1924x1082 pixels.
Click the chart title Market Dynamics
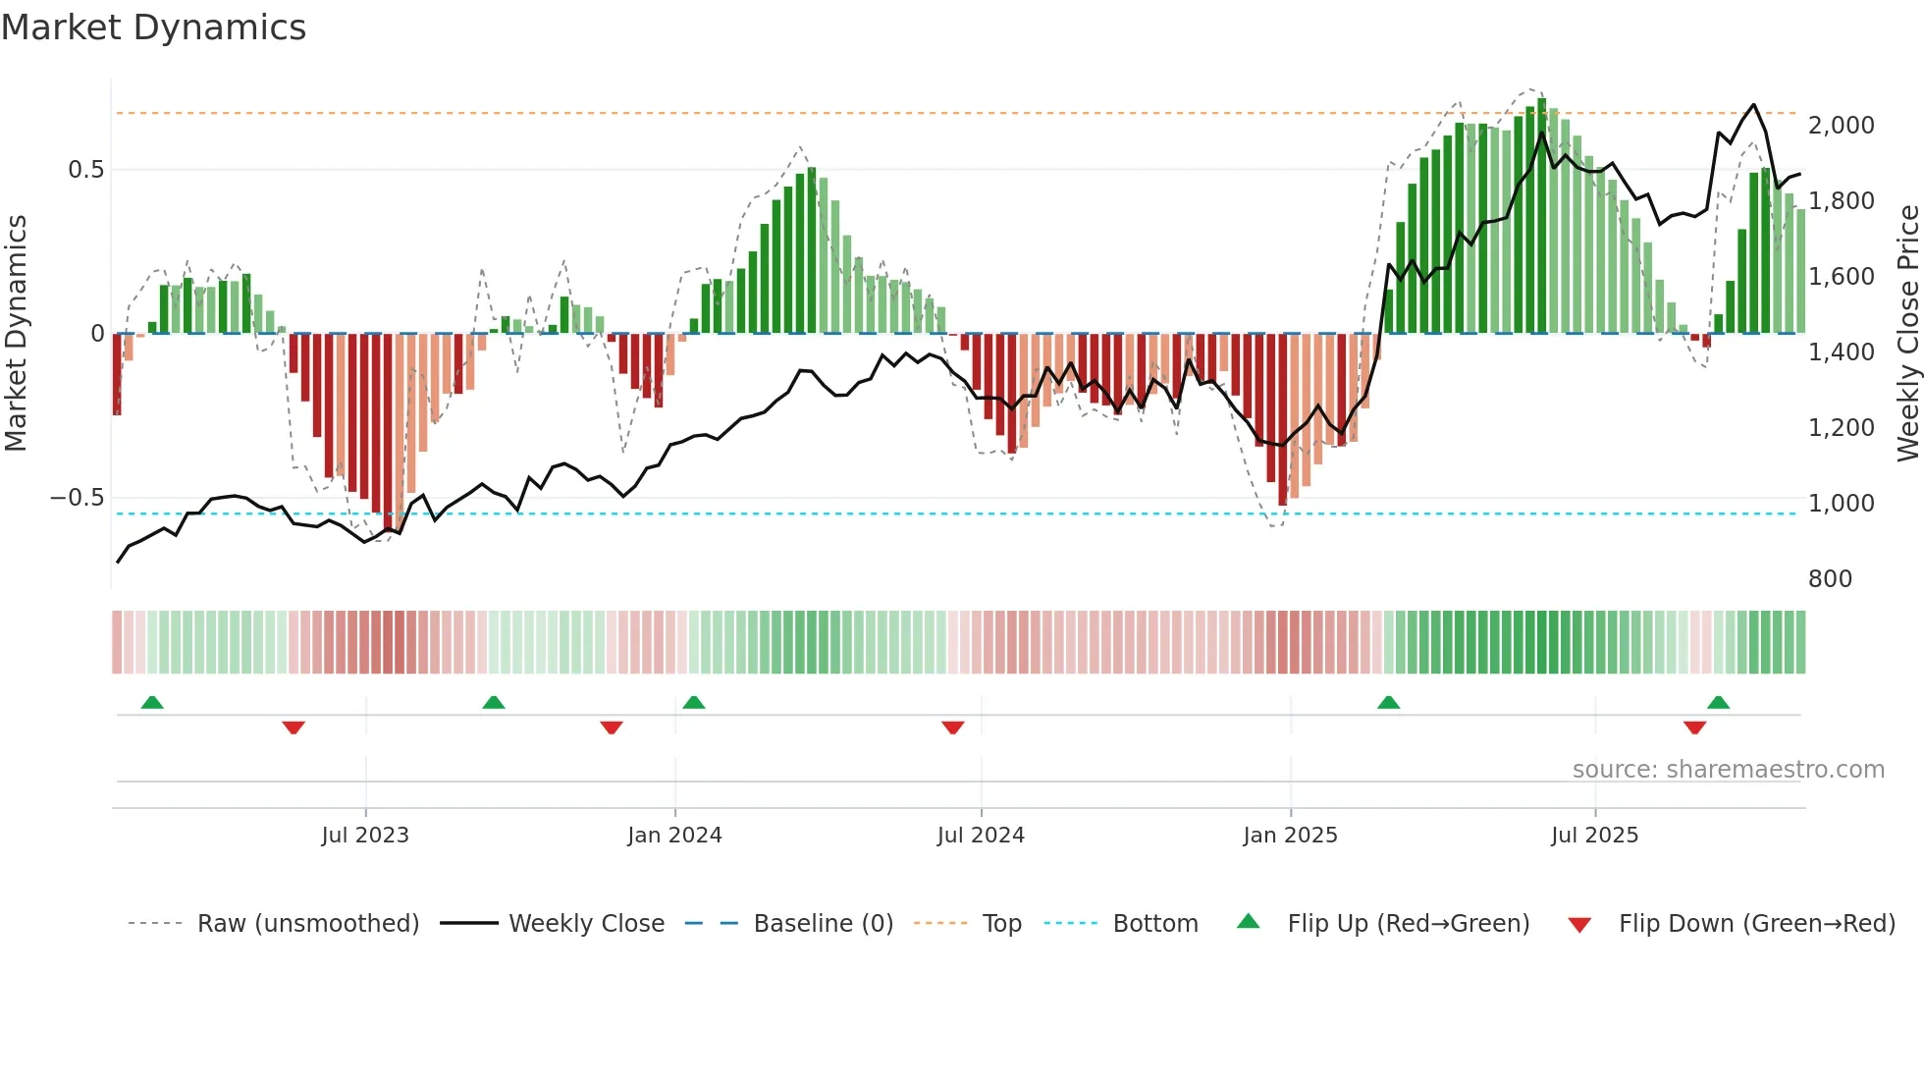(x=153, y=27)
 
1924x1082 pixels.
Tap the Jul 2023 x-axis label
(x=365, y=836)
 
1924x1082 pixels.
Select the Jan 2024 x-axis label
(x=674, y=836)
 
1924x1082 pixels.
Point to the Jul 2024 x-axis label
(x=981, y=836)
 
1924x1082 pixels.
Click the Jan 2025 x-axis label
(x=1290, y=836)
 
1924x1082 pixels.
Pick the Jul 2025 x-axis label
(x=1594, y=836)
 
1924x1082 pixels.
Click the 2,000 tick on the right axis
(x=1841, y=126)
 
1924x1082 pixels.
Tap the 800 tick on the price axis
(x=1830, y=579)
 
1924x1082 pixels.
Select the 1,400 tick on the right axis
(x=1841, y=352)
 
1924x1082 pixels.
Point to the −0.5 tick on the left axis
(x=77, y=498)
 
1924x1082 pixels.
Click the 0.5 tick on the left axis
(x=85, y=170)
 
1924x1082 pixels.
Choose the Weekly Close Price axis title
(x=1907, y=334)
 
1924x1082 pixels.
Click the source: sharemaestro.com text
(x=1728, y=770)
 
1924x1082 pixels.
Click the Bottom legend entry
(x=1154, y=924)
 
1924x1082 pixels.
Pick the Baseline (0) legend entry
(x=823, y=924)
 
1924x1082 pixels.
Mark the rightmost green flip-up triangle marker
(x=1718, y=702)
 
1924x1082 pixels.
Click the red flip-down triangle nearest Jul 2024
(x=952, y=728)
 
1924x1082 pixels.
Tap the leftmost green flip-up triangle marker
(x=152, y=702)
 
